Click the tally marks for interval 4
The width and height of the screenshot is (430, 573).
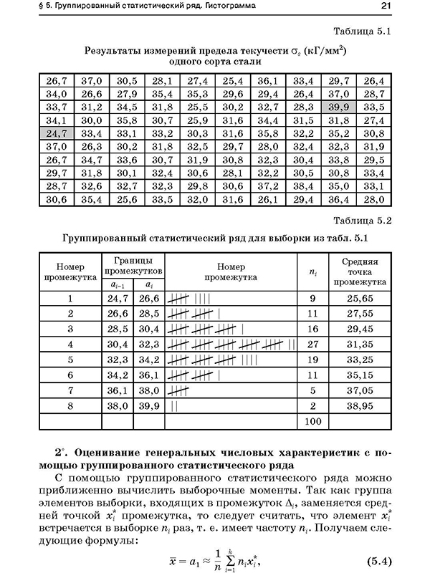(231, 345)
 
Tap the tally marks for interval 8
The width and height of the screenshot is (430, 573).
(176, 405)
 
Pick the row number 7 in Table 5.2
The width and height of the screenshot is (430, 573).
(70, 390)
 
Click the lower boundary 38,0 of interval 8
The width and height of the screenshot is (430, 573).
(118, 405)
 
